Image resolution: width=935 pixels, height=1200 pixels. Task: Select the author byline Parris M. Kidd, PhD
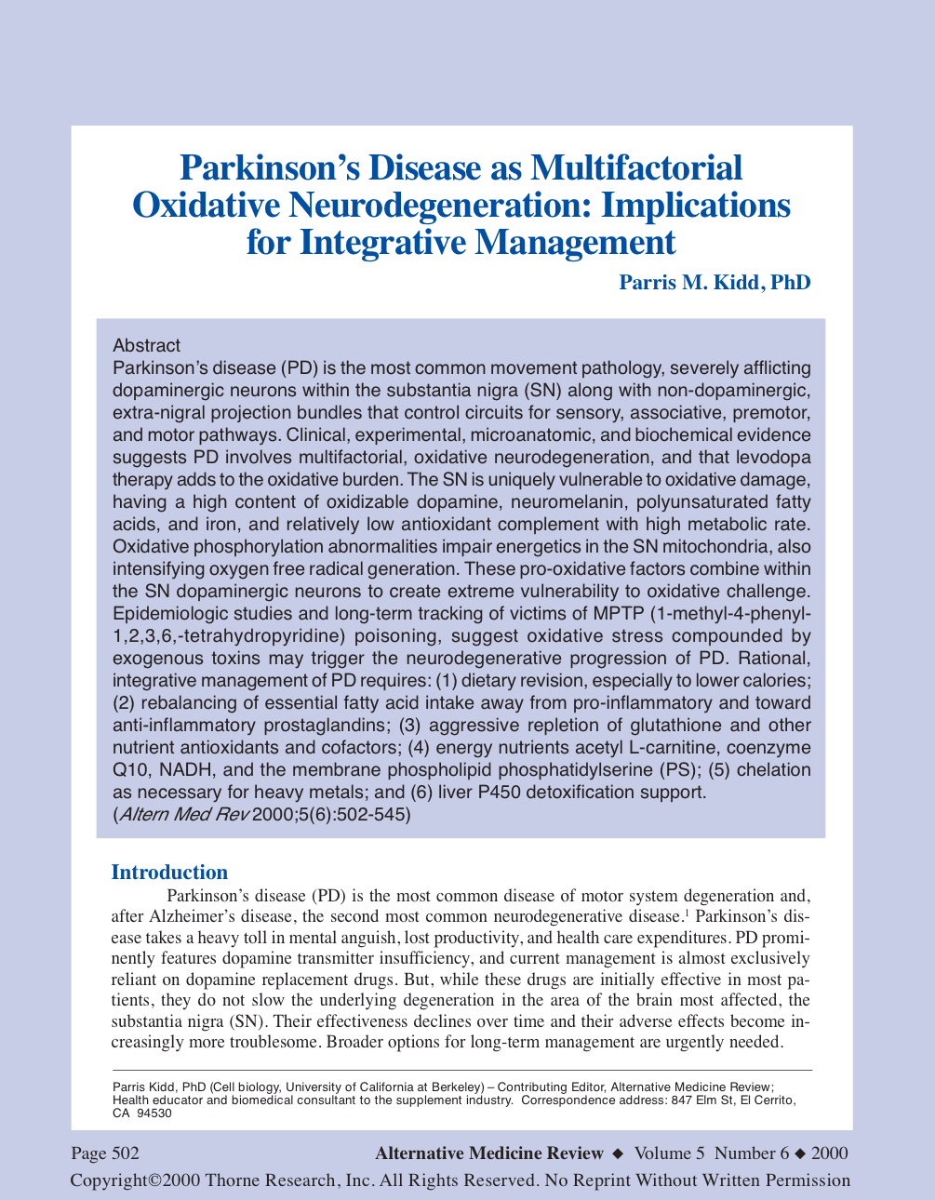pyautogui.click(x=715, y=281)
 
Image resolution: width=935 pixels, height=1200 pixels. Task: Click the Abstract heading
pyautogui.click(x=146, y=346)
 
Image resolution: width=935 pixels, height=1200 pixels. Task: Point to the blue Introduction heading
pyautogui.click(x=169, y=872)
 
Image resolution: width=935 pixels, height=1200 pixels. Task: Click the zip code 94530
pyautogui.click(x=154, y=1113)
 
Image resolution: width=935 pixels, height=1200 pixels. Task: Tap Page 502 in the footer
pyautogui.click(x=105, y=1153)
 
